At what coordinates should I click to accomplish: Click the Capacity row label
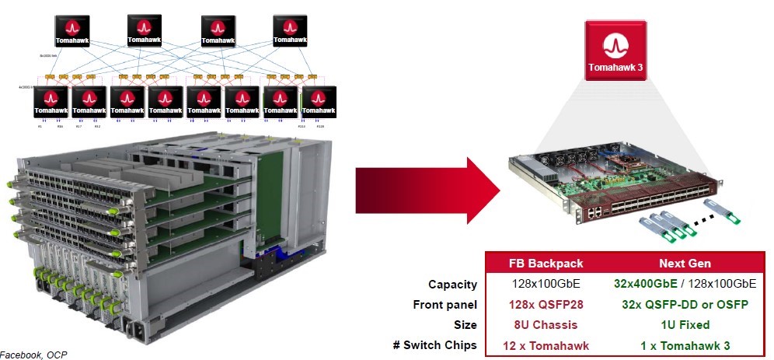click(x=453, y=285)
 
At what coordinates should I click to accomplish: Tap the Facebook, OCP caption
click(x=33, y=355)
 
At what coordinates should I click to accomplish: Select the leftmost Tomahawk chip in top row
click(x=75, y=30)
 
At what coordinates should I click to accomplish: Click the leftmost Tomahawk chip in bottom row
click(x=51, y=102)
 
